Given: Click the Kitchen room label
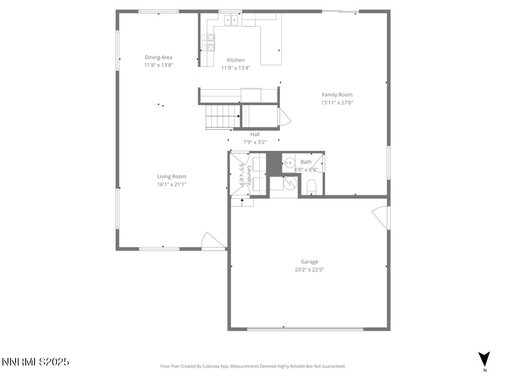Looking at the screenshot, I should point(235,60).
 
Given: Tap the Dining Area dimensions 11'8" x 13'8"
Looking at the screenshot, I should point(159,65).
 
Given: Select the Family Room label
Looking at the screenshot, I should point(337,95).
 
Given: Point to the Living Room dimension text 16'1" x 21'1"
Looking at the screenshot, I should point(172,184).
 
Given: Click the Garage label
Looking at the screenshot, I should point(309,262).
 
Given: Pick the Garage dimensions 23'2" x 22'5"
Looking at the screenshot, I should point(309,270).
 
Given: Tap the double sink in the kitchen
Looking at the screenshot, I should point(231,19).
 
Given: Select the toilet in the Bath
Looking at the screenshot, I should point(312,187).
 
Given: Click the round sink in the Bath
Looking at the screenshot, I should point(289,162).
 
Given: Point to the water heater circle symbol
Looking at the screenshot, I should point(290,182).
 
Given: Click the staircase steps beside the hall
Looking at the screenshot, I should point(222,117).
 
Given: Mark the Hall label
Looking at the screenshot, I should point(255,134).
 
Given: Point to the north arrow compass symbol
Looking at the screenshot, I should point(484,359).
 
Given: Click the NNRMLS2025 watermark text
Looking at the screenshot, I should point(35,362).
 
